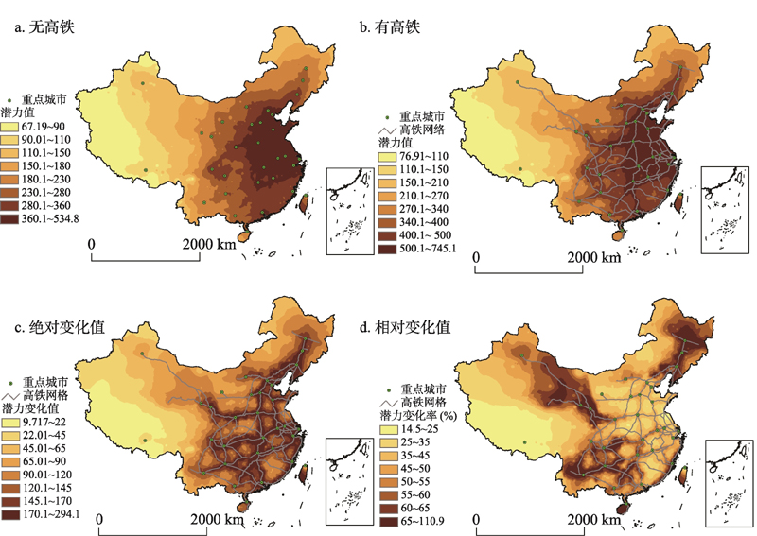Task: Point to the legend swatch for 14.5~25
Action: pos(389,428)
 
